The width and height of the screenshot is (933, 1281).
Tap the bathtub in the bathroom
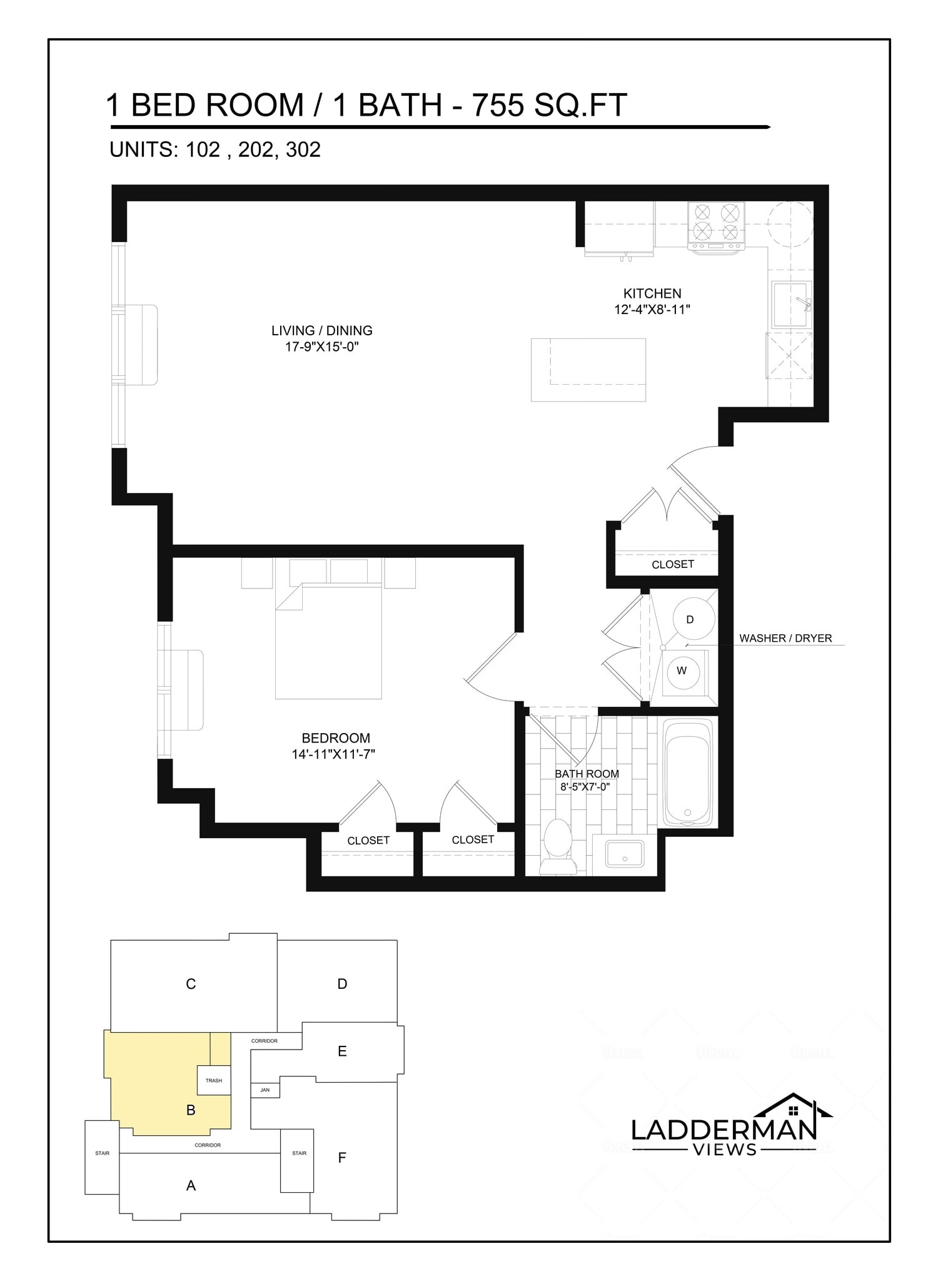(687, 774)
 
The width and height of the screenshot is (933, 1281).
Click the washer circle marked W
(682, 671)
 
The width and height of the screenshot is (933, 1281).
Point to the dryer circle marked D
(690, 619)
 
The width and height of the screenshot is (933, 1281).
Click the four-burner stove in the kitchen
(716, 223)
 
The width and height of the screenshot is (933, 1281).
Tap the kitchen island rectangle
(588, 369)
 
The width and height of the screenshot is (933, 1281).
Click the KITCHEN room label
(652, 293)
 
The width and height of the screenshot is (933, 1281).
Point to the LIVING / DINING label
(321, 330)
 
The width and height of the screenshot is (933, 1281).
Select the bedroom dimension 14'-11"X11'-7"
(333, 754)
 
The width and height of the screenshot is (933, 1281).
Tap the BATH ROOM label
(587, 774)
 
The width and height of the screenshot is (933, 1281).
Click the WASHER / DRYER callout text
(785, 638)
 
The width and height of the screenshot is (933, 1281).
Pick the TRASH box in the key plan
(214, 1080)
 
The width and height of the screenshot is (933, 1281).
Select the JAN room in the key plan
(265, 1090)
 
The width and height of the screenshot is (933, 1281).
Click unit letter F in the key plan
(341, 1157)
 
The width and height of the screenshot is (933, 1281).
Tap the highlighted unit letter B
(191, 1110)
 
